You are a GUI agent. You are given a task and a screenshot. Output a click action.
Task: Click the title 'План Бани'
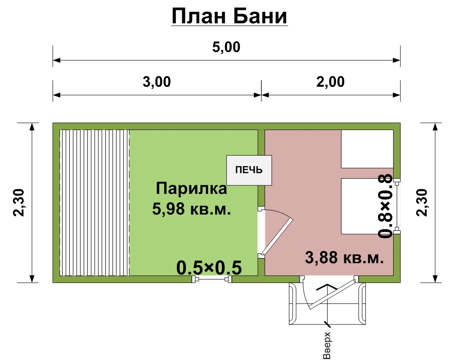229,17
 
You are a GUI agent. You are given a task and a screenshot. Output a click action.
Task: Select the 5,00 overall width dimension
227,47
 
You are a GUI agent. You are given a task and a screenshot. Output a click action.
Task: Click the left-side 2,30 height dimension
21,202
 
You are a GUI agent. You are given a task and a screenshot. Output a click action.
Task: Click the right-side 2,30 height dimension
423,202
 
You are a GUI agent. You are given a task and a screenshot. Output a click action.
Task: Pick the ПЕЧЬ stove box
249,170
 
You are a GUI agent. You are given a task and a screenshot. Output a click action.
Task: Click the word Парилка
191,189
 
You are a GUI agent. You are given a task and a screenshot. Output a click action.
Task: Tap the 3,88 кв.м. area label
344,258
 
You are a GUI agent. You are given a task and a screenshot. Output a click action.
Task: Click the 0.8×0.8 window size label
386,207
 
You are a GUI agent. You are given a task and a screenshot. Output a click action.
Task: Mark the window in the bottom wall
211,280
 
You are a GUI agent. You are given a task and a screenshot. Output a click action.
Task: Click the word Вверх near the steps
327,346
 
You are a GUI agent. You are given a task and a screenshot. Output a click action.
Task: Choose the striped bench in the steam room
94,202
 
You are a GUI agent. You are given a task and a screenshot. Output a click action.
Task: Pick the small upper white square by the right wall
367,148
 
